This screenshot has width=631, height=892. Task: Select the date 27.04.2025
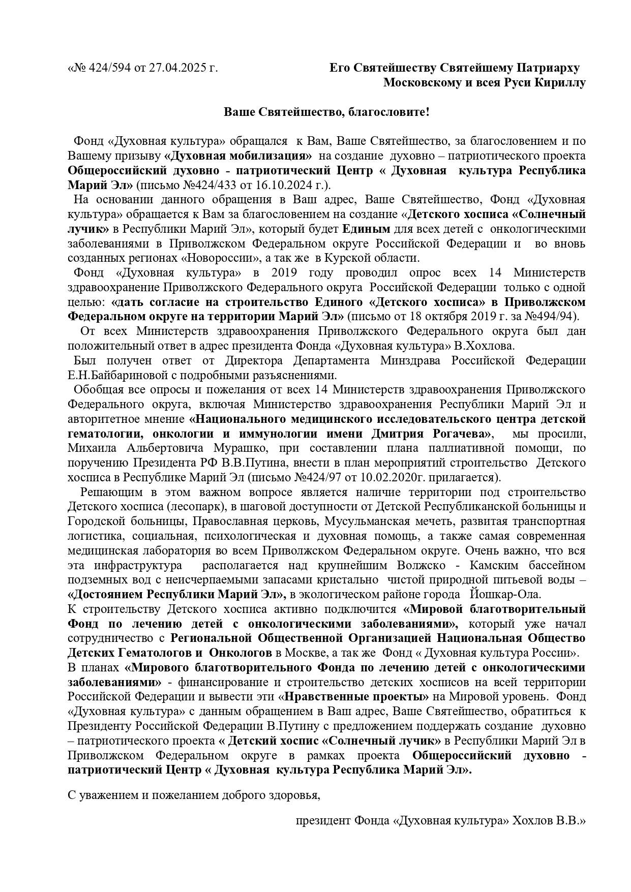tap(175, 68)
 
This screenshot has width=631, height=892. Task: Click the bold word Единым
tap(366, 228)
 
